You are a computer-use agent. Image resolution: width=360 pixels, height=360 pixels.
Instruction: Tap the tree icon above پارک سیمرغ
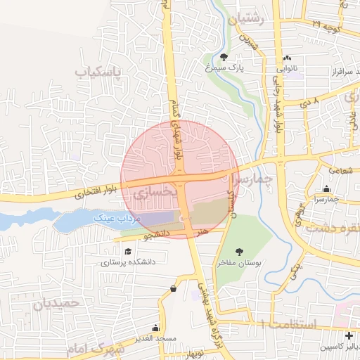point(224,57)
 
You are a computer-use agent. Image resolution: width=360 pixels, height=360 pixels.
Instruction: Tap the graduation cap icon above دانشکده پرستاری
point(127,252)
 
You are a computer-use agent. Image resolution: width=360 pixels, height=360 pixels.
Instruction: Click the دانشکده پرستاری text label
point(127,264)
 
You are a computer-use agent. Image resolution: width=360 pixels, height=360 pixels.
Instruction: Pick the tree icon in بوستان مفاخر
point(238,250)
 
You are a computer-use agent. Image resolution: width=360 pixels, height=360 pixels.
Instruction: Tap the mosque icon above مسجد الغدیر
point(155,328)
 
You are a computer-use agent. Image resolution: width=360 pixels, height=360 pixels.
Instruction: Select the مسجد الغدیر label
point(157,340)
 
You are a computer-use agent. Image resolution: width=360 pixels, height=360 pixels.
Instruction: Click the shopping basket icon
point(173,288)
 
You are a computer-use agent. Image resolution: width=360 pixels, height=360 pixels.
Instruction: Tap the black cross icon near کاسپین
point(349,335)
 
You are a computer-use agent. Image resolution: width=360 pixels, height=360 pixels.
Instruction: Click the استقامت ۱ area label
point(288,324)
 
